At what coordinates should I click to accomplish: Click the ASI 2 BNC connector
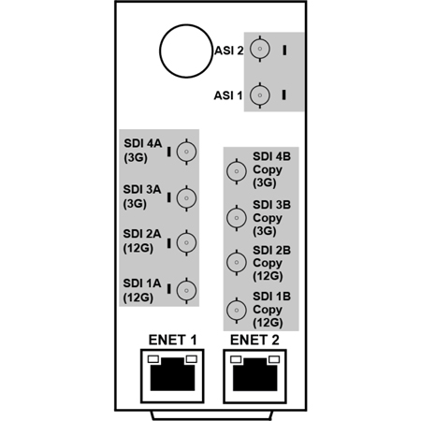260,49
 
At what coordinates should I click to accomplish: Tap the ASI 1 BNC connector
260,95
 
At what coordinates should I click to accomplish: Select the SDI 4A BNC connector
186,152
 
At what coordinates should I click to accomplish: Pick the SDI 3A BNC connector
186,198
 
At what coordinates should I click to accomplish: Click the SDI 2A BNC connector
186,242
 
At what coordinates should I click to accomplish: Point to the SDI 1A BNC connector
186,290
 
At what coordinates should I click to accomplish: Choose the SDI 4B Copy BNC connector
237,171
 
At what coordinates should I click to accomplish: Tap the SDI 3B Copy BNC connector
237,218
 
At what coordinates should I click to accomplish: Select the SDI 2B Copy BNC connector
237,262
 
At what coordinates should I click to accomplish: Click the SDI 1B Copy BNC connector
237,311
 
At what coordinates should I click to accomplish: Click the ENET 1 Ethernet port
172,376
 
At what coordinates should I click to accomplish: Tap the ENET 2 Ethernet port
254,376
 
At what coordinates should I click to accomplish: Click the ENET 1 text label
172,340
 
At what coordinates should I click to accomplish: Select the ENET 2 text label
254,340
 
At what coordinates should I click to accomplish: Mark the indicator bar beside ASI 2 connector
284,51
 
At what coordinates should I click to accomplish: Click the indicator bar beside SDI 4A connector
168,152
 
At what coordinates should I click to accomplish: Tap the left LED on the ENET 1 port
153,359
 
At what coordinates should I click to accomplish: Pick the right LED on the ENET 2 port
274,359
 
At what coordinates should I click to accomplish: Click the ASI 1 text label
228,95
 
